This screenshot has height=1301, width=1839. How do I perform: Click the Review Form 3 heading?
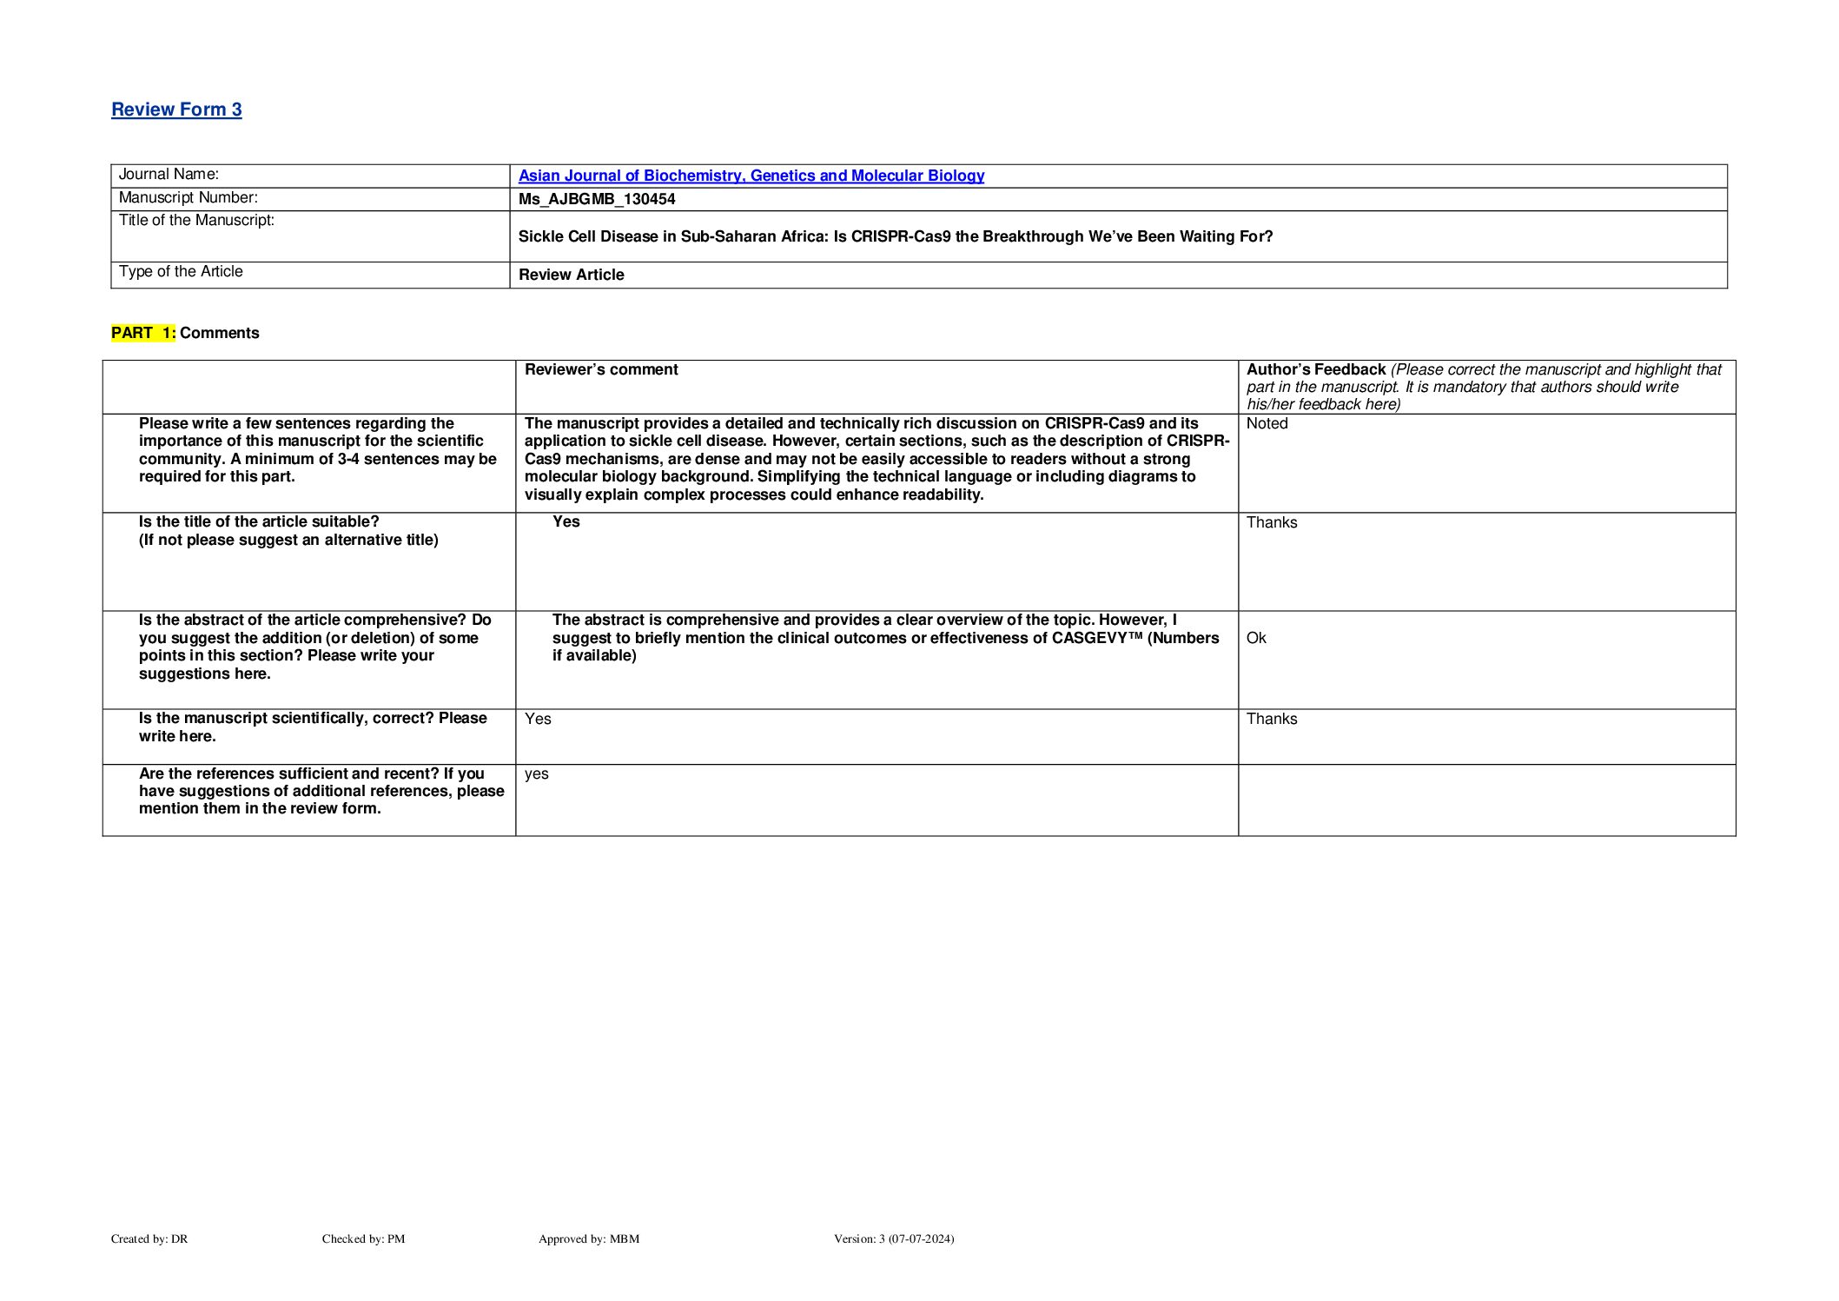[176, 110]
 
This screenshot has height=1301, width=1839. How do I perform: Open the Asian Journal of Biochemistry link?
[751, 176]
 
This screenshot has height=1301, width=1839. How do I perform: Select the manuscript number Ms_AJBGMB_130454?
[597, 199]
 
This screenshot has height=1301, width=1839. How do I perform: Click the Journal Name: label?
[169, 175]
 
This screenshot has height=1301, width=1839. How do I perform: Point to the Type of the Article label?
[181, 272]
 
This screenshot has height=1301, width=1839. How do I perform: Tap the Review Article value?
[571, 275]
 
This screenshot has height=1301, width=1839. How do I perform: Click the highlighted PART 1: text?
[143, 333]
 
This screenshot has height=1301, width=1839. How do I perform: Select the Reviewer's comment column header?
[601, 369]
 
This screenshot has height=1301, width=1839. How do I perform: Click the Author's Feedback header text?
[1315, 369]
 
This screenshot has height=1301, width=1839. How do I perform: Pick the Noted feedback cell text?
[1267, 424]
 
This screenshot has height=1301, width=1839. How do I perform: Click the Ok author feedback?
[1256, 638]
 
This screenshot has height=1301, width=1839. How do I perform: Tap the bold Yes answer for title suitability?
[566, 521]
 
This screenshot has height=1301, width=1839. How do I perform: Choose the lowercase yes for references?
[536, 773]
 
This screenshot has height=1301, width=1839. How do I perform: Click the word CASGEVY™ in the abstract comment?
[1097, 638]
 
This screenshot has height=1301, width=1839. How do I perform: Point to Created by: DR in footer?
[149, 1238]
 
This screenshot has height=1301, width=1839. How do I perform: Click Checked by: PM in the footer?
[363, 1238]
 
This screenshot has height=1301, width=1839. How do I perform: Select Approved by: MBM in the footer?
[588, 1238]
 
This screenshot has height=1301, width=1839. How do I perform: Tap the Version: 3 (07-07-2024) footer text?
[893, 1238]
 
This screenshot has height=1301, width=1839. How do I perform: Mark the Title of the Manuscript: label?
[196, 221]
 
